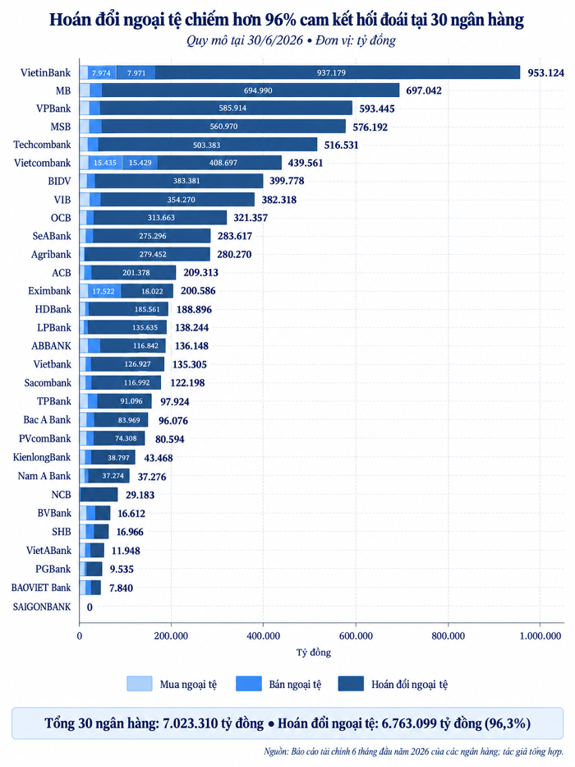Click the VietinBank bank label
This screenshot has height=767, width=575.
(x=45, y=72)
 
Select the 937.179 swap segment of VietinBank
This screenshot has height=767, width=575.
(x=338, y=72)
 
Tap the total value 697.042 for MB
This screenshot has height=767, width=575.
(x=423, y=90)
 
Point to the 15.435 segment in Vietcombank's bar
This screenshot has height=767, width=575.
(x=105, y=163)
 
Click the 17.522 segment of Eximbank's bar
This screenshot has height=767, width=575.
(x=104, y=291)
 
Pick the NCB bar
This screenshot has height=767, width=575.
(x=99, y=495)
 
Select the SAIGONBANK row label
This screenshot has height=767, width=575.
(x=42, y=607)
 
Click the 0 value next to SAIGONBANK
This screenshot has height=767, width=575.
(x=90, y=607)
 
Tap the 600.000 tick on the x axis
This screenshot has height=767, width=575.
(x=356, y=636)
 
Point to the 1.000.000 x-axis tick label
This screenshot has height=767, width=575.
(x=540, y=636)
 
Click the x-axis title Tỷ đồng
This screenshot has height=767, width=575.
(x=314, y=653)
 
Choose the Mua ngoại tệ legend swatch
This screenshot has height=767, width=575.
(x=140, y=684)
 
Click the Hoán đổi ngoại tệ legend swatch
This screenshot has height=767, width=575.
(x=351, y=684)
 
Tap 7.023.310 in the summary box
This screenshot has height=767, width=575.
(x=191, y=723)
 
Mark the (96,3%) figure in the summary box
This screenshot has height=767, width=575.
(x=508, y=723)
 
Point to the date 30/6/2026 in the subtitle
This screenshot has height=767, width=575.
(x=275, y=40)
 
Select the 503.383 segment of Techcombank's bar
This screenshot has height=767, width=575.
(x=207, y=145)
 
